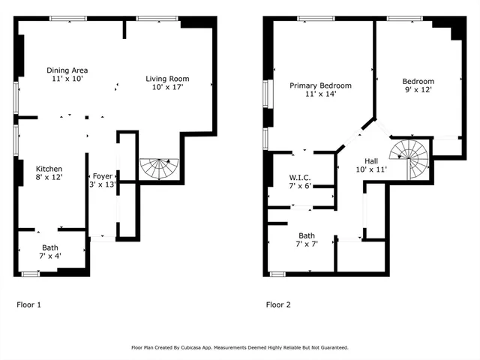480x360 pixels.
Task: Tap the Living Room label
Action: (167, 79)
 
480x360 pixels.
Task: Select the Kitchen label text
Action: (49, 169)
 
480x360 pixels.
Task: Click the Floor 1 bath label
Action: (50, 247)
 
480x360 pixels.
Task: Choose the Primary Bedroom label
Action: (320, 85)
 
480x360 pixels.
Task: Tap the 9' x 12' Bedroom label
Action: (418, 82)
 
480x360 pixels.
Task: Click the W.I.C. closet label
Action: (300, 178)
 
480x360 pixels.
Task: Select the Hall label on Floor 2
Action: (371, 161)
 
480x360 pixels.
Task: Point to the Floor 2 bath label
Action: (307, 235)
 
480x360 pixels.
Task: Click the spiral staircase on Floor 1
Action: (160, 168)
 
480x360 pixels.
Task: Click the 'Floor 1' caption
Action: (28, 305)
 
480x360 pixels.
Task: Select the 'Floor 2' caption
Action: (278, 305)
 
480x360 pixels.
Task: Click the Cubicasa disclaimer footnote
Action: (239, 348)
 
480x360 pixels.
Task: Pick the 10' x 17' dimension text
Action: (167, 87)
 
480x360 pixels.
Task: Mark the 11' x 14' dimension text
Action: (320, 94)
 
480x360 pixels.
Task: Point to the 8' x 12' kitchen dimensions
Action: (49, 178)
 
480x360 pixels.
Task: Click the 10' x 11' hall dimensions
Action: (371, 170)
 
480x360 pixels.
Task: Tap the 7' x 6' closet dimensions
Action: (300, 186)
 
